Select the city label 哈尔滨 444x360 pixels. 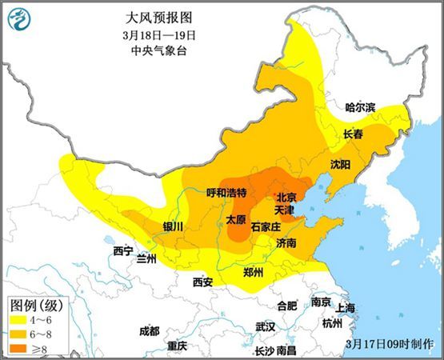360,107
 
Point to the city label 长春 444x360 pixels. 353,134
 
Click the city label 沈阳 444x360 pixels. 340,165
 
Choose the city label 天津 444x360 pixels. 285,210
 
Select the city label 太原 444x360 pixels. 235,218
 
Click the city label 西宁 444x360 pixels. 123,251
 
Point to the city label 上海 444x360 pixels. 346,308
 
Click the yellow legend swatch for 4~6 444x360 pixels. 18,321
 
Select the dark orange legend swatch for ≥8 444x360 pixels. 18,348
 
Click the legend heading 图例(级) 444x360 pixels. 35,306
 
